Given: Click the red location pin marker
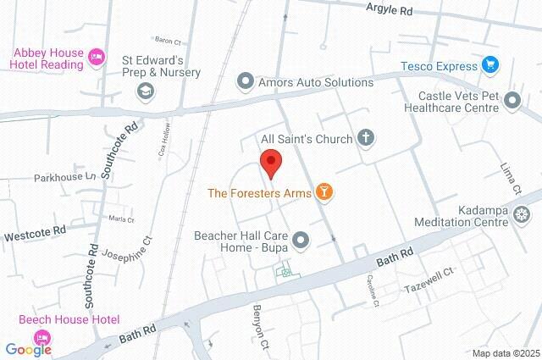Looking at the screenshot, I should tap(270, 162).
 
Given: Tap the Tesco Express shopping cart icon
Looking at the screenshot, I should tap(489, 64).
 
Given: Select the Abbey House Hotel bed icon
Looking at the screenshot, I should tap(97, 57).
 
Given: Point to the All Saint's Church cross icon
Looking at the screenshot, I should tap(367, 137).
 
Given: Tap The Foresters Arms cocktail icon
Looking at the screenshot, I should tap(323, 193).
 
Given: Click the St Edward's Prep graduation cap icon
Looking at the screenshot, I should tap(146, 91).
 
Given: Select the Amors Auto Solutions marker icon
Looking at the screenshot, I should tap(246, 82).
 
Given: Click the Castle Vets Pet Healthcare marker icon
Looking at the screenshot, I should tap(512, 102).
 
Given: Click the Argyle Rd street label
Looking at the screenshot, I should tap(390, 10).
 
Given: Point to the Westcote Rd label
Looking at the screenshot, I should tap(36, 230).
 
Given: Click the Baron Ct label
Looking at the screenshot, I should tap(169, 40).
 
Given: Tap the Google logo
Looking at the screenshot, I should tap(28, 349).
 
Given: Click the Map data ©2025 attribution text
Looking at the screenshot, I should tap(506, 353).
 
